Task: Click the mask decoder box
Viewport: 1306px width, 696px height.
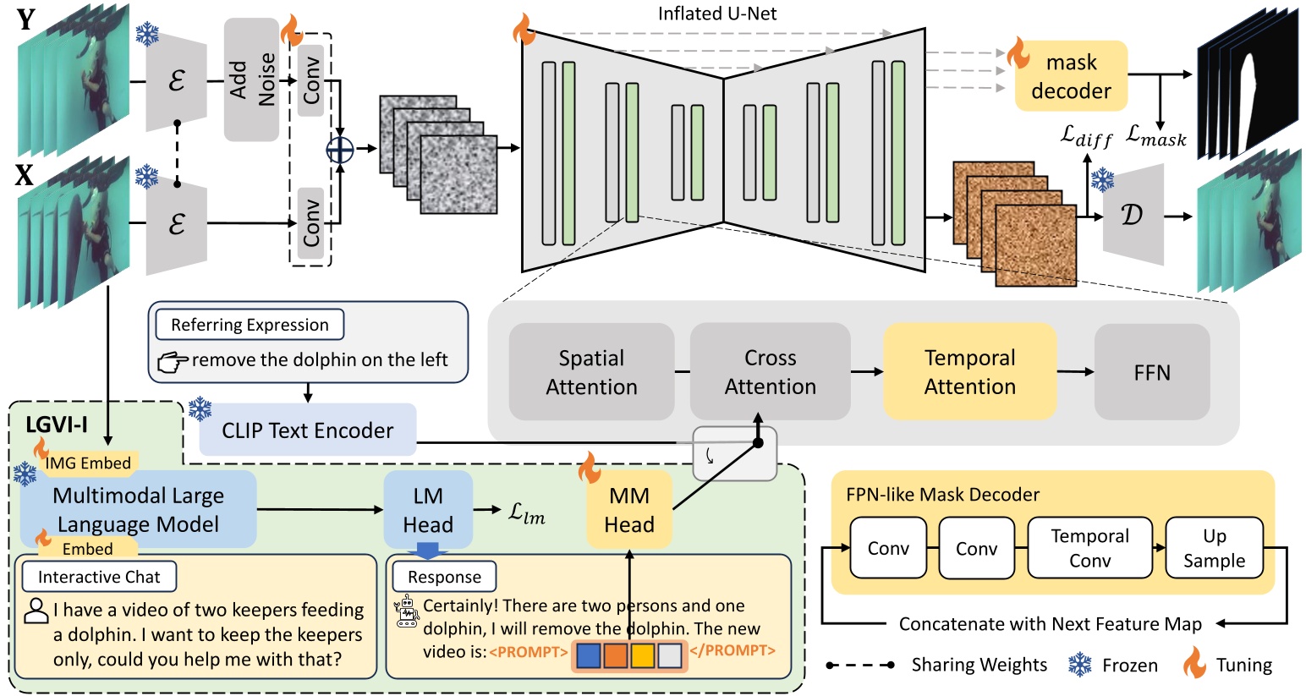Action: pos(1071,76)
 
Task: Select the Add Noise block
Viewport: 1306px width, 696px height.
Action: pos(251,79)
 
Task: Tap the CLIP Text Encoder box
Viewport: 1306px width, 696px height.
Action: pos(308,430)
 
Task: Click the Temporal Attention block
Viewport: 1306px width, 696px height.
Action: pos(969,371)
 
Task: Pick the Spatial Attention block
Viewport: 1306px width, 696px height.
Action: pos(591,372)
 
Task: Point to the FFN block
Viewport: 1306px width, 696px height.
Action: pos(1151,372)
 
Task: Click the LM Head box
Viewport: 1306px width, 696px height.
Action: pos(428,509)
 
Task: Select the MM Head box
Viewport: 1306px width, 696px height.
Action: pos(628,509)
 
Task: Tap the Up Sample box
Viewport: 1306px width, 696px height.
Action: pos(1214,548)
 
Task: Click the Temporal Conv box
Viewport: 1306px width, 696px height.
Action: pos(1089,548)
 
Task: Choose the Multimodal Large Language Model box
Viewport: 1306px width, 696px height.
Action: pos(138,509)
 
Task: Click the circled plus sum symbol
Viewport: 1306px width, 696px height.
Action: pos(340,149)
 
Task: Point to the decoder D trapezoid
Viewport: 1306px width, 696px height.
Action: pos(1133,215)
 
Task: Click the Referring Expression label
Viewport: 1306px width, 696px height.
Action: pos(250,325)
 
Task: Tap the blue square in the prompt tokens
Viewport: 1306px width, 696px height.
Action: pos(588,655)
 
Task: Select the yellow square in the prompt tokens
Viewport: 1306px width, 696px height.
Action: pos(643,655)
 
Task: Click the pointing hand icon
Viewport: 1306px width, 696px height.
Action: pos(173,362)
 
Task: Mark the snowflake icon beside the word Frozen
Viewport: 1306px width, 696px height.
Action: pos(1079,665)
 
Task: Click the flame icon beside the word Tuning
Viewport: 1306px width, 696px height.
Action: pos(1194,664)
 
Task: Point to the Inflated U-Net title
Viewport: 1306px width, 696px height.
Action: pos(717,14)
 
